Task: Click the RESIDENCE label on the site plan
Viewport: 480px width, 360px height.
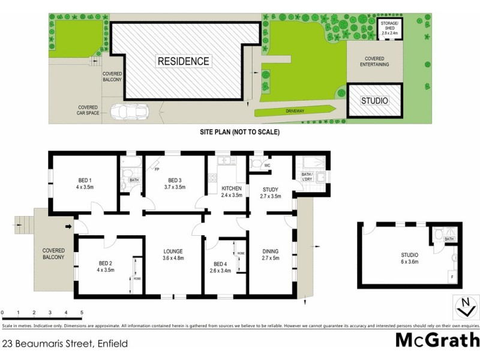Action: click(184, 61)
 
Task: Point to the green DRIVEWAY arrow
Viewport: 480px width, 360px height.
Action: click(295, 111)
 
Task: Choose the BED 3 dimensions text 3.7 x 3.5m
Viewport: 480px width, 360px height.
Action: click(174, 187)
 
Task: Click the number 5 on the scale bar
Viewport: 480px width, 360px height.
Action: click(82, 313)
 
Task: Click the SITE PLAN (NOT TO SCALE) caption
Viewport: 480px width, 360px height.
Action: click(240, 131)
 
